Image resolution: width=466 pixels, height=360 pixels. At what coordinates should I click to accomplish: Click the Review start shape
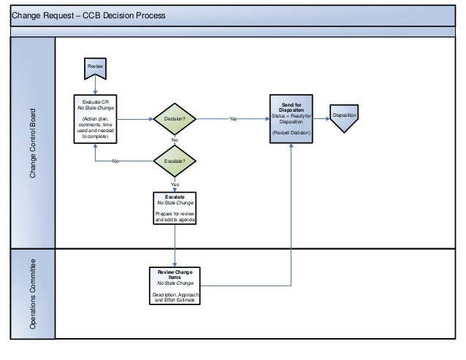coord(95,68)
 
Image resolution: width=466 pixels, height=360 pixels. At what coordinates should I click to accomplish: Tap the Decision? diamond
coord(175,118)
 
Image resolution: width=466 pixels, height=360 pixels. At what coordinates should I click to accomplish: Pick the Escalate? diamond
coord(175,161)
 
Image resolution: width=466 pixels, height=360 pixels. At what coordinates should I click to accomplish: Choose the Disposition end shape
coord(343,119)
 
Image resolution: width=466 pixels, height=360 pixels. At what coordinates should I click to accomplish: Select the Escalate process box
coord(175,209)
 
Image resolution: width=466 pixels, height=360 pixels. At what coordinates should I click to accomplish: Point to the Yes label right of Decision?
coord(233,118)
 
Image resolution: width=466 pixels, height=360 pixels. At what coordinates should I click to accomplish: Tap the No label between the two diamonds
coord(175,139)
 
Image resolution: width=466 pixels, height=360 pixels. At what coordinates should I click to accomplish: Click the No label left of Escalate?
coord(115,161)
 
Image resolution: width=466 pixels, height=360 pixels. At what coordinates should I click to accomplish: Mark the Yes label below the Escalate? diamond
coord(175,185)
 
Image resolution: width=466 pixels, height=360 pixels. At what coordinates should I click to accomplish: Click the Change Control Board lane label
coord(33,145)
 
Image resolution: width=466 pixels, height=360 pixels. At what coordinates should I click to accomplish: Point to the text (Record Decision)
coord(291,134)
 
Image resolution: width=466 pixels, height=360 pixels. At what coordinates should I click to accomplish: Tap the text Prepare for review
coord(175,213)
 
